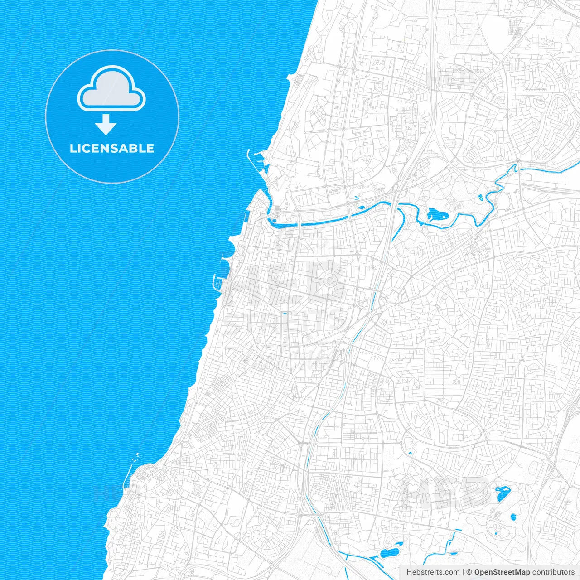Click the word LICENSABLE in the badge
pyautogui.click(x=112, y=149)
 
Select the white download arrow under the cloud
pyautogui.click(x=106, y=125)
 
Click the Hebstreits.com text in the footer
pyautogui.click(x=433, y=572)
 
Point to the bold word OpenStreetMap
pyautogui.click(x=502, y=572)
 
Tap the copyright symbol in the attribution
pyautogui.click(x=469, y=572)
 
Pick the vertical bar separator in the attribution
pyautogui.click(x=463, y=572)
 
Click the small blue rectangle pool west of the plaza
pyautogui.click(x=285, y=313)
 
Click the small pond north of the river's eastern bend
pyautogui.click(x=480, y=198)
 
